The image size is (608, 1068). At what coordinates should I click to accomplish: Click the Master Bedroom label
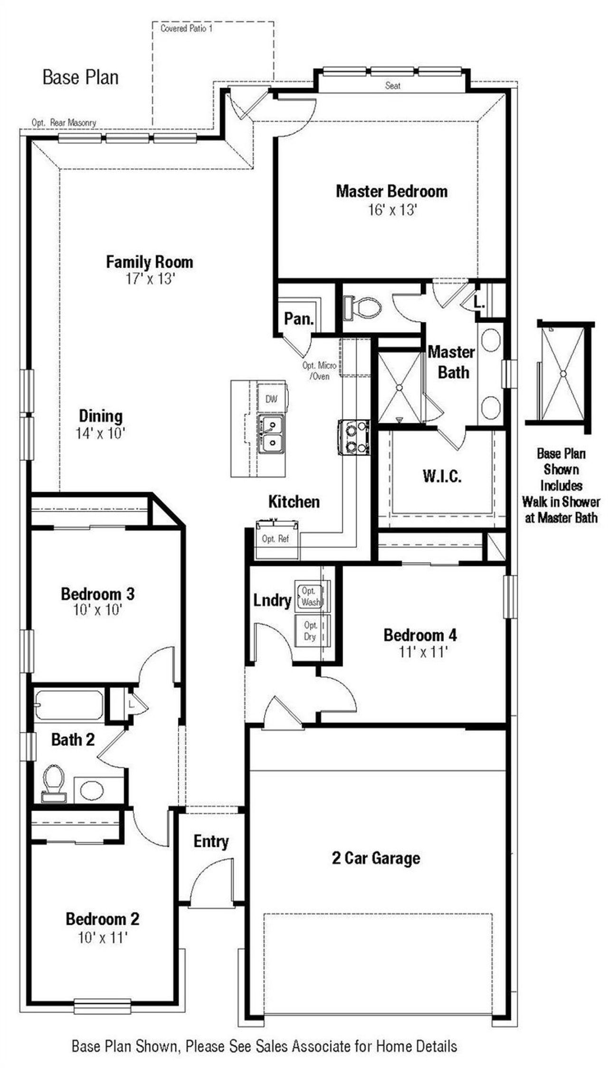pos(391,191)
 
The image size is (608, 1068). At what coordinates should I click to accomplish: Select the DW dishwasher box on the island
pos(272,399)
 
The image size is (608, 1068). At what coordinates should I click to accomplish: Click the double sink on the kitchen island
pos(271,434)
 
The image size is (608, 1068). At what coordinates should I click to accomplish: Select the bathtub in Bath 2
pos(69,706)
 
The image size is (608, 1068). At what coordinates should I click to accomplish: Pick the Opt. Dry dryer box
pos(310,630)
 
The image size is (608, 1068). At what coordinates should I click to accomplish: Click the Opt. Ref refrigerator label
pos(275,539)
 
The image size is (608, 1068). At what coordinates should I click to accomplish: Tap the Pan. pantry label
pos(298,318)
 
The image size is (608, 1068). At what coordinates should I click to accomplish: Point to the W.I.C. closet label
pos(442,477)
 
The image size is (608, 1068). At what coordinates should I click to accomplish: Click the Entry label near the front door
pos(211,841)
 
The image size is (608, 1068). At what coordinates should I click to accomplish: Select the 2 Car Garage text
pos(376,858)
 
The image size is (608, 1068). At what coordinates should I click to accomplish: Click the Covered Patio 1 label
pos(186,29)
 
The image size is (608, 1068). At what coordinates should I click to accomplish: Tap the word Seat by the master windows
pos(392,86)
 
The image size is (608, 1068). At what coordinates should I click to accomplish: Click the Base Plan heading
pos(80,77)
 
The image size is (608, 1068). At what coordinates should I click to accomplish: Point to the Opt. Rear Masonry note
pos(64,123)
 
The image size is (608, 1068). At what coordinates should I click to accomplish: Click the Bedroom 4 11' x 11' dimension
pos(423,652)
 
